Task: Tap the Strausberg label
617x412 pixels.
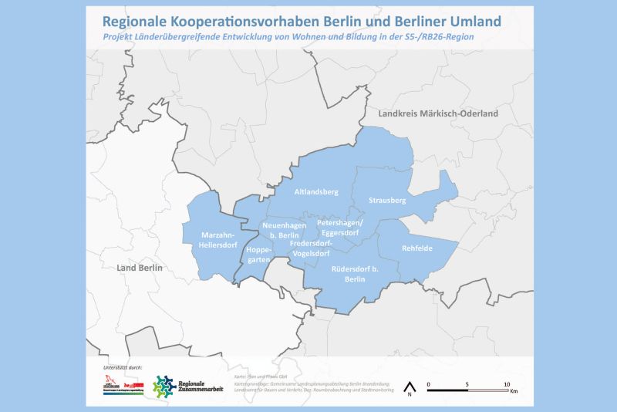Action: tap(386, 201)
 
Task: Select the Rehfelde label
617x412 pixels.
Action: tap(416, 248)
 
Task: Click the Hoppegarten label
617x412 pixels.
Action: tap(258, 255)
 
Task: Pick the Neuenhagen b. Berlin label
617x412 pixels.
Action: tap(278, 229)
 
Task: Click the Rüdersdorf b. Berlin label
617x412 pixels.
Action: tap(354, 274)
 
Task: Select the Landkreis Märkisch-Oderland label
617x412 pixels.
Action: tap(437, 113)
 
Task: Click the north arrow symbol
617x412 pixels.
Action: tap(411, 387)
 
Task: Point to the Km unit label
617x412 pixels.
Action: tap(513, 393)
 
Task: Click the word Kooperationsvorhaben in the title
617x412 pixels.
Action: tap(241, 19)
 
